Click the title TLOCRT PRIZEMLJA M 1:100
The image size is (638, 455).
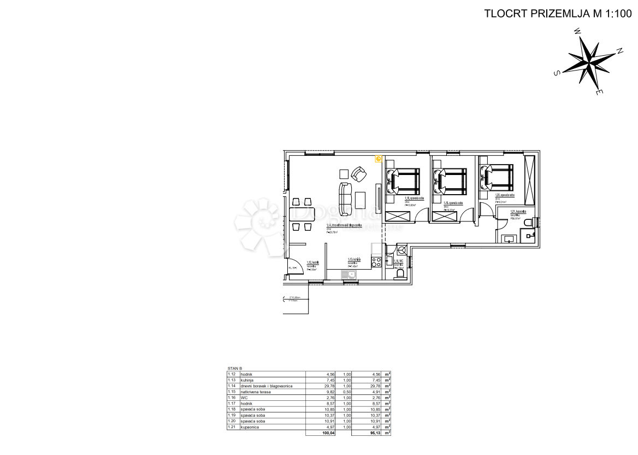557,14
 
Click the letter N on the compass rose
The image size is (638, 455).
619,51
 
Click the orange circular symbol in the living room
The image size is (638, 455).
378,159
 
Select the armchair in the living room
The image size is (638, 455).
359,174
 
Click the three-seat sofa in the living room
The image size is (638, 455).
345,199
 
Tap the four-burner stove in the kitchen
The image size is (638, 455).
376,262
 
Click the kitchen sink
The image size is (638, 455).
349,274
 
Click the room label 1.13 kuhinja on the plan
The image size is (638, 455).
354,260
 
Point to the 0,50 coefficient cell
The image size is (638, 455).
346,392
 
